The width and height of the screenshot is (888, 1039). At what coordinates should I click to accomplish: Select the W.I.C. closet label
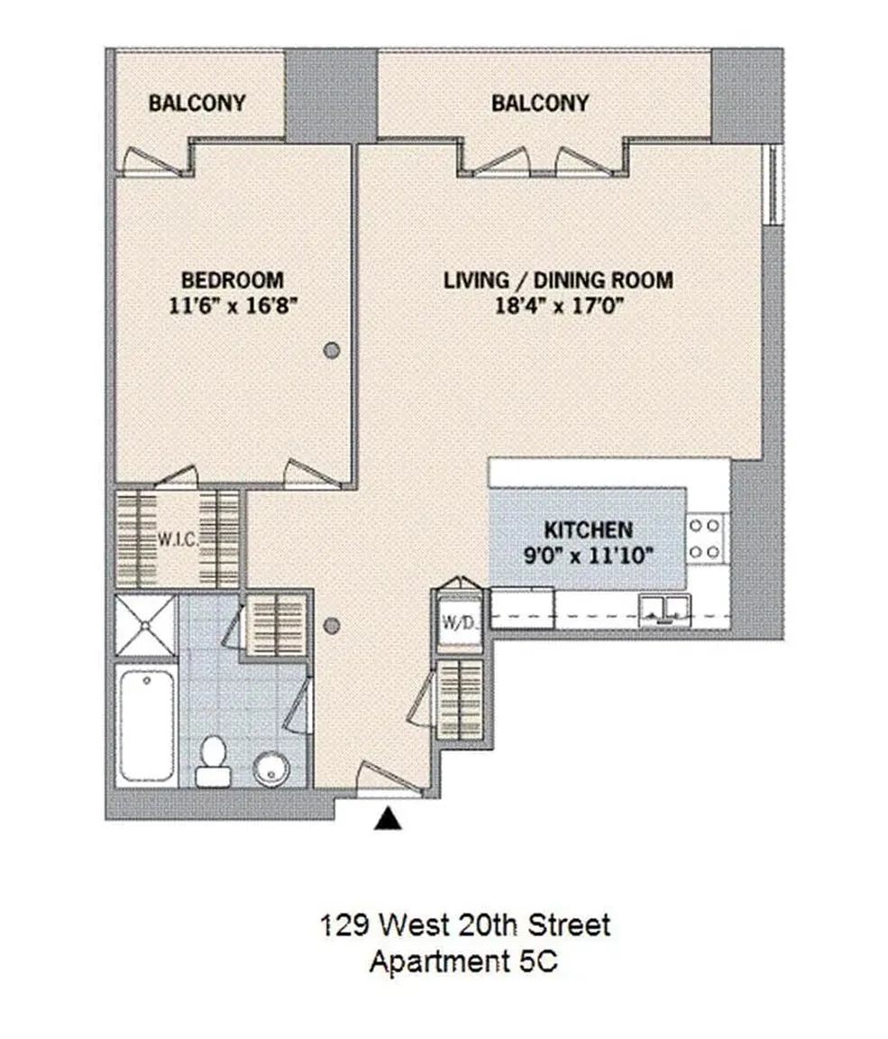(178, 538)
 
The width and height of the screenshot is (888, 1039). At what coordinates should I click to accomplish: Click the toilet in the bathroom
(214, 761)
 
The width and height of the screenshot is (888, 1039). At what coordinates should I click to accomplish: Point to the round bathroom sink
(273, 768)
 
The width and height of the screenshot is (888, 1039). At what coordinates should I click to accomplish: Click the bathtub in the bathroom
(147, 725)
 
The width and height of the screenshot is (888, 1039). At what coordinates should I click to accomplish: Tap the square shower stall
(145, 626)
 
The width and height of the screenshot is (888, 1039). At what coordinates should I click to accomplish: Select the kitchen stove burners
(705, 538)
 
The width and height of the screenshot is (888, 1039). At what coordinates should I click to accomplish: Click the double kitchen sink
(664, 610)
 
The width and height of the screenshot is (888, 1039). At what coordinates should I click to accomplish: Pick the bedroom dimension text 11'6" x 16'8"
(233, 306)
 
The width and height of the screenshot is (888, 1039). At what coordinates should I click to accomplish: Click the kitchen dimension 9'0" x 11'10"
(589, 556)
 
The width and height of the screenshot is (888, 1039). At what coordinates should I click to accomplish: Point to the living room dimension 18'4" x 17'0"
(560, 306)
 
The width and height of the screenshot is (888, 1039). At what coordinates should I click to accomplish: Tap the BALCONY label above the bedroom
(197, 104)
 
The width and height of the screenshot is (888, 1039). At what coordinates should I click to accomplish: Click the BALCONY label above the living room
(540, 104)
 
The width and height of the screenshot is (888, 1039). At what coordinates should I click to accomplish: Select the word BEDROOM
(233, 280)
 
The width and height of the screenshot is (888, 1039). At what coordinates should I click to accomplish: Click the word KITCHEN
(589, 530)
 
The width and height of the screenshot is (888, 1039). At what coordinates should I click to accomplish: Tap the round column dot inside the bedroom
(333, 350)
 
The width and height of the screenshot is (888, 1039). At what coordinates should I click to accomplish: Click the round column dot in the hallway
(333, 625)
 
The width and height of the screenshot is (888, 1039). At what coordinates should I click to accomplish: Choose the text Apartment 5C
(463, 961)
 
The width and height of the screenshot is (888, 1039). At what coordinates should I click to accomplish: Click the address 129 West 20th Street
(465, 925)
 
